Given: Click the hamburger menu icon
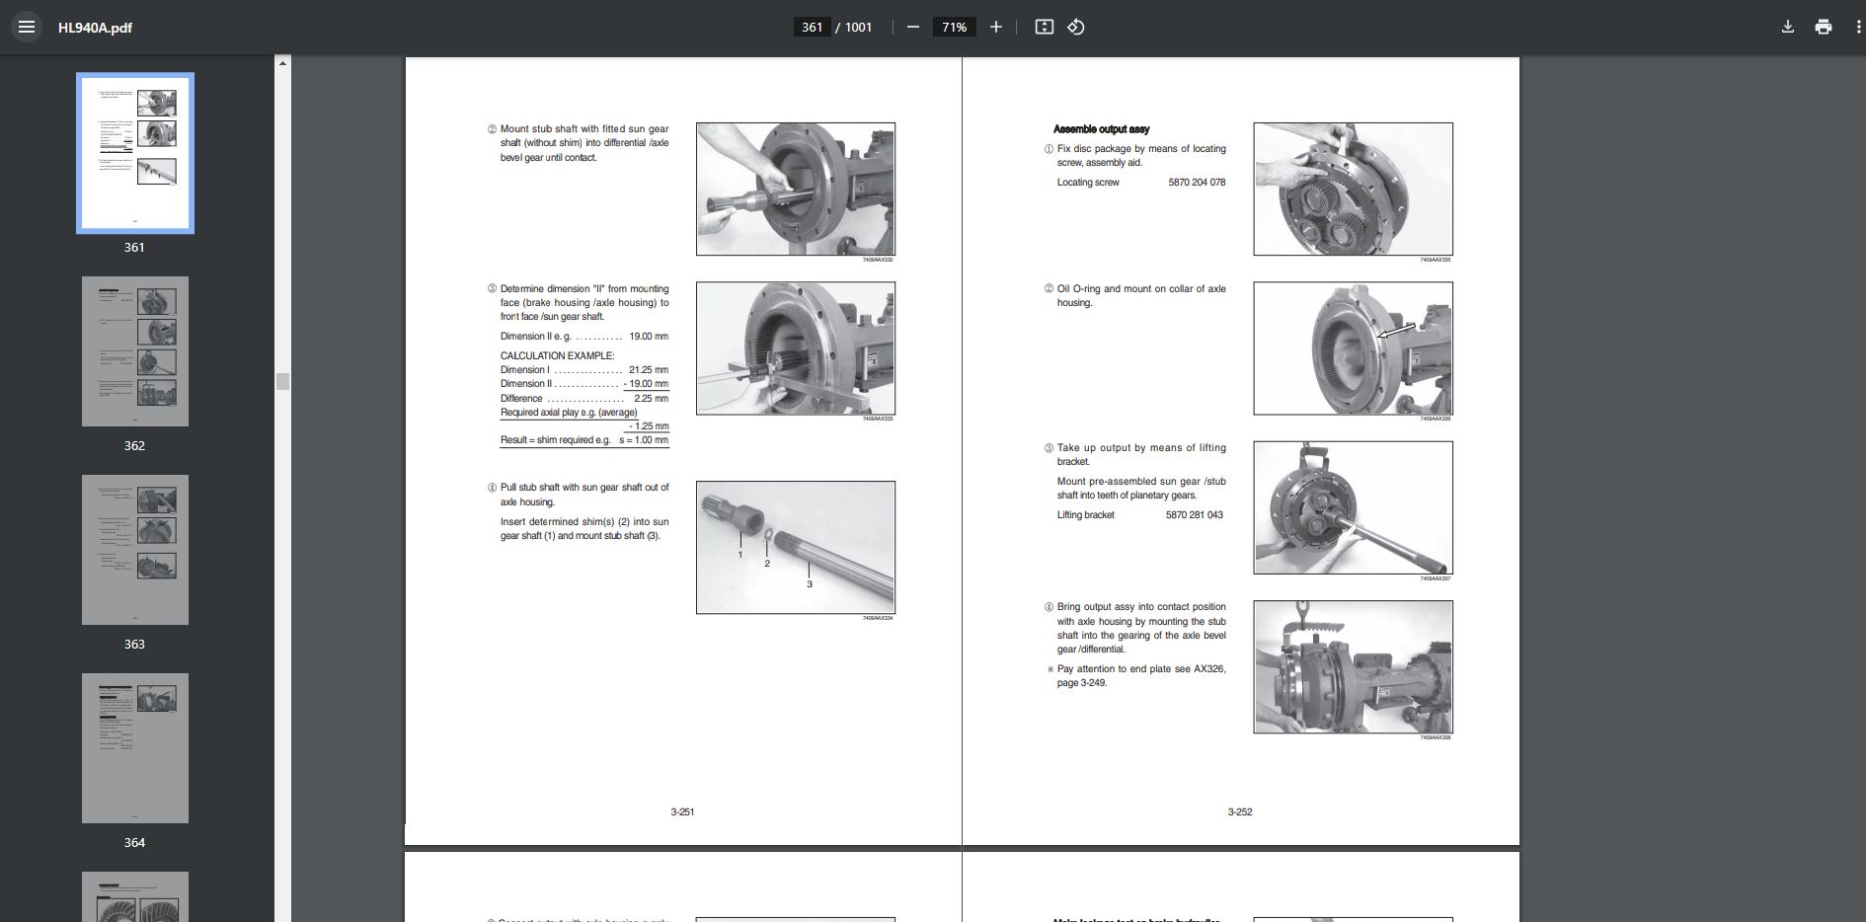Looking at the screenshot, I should pos(27,27).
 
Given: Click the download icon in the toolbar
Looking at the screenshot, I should pos(1787,27).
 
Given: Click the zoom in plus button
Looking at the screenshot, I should pos(995,27).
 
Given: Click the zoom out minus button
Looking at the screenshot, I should pos(912,27).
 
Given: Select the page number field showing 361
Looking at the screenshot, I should pos(812,27).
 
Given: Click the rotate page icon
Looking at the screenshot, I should pos(1076,27).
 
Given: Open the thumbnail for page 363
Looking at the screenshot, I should pos(134,549).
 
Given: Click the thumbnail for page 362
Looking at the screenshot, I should pos(134,350).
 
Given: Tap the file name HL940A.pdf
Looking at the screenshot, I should pos(95,28).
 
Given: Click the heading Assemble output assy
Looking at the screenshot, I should pos(1101,129).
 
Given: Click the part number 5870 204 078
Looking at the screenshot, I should pos(1197,183).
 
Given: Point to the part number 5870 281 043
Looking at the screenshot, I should pos(1194,515).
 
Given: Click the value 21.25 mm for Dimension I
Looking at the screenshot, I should pos(648,370).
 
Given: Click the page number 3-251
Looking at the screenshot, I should pos(682,812).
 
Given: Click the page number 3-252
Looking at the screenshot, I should pos(1239,812).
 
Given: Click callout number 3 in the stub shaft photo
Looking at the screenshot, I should pos(809,584).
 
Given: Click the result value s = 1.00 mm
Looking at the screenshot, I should pos(644,440).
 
